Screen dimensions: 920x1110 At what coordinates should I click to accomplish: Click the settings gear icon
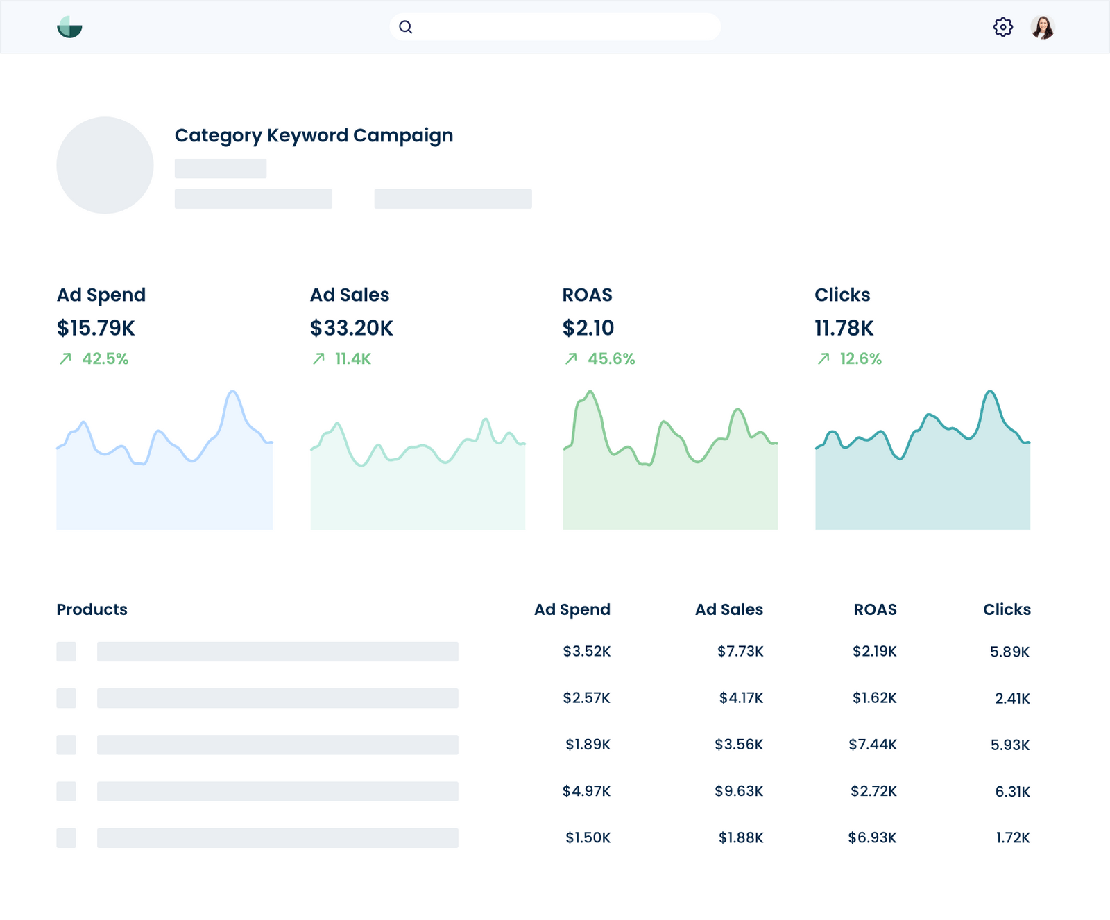point(1002,27)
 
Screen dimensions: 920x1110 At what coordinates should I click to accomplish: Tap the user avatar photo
point(1042,27)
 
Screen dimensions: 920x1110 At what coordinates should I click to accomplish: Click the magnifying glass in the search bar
point(406,27)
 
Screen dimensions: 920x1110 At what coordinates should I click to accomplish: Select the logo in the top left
point(69,27)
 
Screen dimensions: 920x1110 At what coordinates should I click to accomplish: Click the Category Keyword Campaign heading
point(314,135)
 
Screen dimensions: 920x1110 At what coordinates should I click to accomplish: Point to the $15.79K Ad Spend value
point(96,328)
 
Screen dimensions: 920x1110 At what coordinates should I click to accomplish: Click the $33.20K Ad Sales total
point(351,328)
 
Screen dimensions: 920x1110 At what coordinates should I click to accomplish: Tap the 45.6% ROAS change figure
point(611,359)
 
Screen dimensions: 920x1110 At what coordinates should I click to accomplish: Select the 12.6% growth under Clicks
point(860,359)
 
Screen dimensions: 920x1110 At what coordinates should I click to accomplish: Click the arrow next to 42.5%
point(65,358)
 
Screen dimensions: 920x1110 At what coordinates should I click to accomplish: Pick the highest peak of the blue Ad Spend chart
point(233,392)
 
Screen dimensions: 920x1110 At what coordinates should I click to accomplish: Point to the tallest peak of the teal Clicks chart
point(991,392)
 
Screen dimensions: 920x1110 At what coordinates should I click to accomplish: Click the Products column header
point(92,609)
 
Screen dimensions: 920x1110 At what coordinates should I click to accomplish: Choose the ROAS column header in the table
point(875,609)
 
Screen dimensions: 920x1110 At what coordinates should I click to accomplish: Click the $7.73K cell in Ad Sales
point(740,652)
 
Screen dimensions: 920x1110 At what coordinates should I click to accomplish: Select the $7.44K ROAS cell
point(873,745)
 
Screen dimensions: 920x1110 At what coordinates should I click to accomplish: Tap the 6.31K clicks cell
point(1012,792)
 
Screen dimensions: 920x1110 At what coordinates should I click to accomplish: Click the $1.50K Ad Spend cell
point(588,837)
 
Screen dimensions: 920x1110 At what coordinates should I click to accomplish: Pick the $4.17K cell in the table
point(741,698)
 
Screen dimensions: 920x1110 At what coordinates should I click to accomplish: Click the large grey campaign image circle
point(105,165)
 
